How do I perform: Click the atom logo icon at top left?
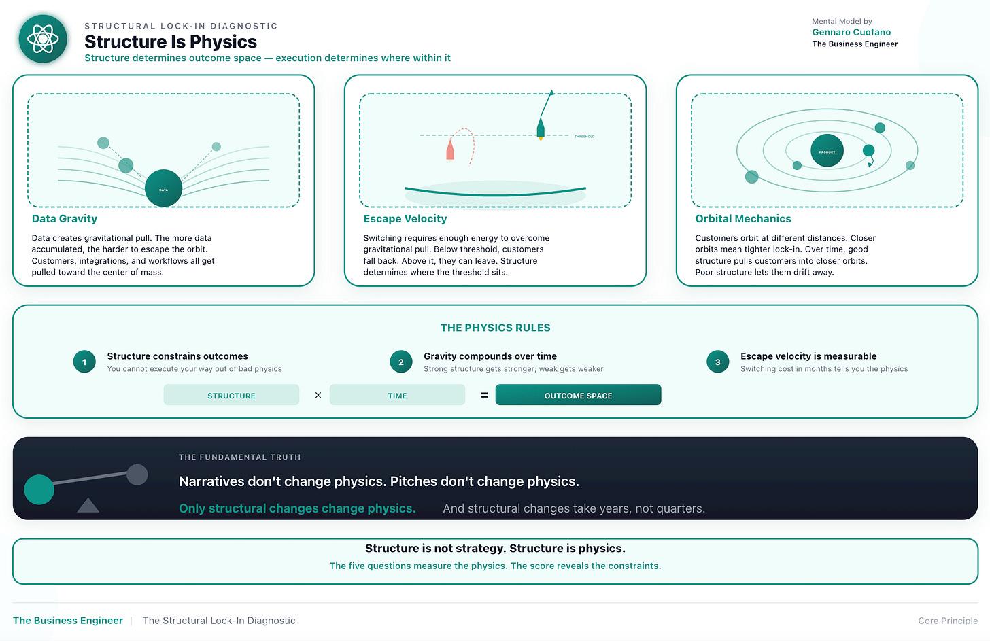(43, 39)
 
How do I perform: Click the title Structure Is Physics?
(171, 41)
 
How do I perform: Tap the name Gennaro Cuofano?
(851, 32)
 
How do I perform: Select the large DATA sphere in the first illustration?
(163, 188)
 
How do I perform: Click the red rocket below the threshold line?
(450, 149)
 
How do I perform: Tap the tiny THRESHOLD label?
(584, 137)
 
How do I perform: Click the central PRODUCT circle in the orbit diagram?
(827, 151)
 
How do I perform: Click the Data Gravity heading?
(65, 219)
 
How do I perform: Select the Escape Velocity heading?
(405, 219)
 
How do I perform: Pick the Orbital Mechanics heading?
(743, 219)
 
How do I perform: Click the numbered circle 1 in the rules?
(84, 362)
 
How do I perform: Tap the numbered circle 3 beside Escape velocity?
(717, 362)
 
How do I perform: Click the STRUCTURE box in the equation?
(231, 395)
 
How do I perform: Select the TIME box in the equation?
(397, 395)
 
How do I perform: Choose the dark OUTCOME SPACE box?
(578, 395)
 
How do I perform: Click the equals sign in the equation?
(484, 395)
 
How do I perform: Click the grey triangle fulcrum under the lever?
(88, 505)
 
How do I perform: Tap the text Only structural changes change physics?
(297, 508)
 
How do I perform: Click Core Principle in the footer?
(947, 621)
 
